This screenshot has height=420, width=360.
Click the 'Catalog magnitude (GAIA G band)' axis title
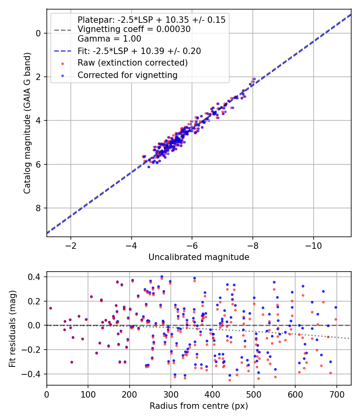[x=27, y=123]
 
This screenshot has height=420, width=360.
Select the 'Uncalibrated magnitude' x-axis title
[x=199, y=257]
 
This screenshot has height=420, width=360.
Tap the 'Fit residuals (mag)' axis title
[x=12, y=328]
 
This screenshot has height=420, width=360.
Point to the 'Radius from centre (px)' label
[x=199, y=406]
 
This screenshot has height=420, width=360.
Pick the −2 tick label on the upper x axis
[x=71, y=246]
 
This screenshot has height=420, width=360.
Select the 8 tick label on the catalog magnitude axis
[x=38, y=208]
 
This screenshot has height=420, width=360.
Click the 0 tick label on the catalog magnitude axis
[x=38, y=33]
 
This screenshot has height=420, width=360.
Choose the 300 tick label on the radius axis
[x=171, y=394]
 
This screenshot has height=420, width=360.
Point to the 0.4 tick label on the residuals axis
[x=34, y=276]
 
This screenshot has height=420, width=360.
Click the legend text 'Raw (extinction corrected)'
[x=132, y=63]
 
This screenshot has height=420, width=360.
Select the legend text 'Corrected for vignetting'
[x=128, y=75]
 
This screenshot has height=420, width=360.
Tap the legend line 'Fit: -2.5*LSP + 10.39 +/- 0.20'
[x=62, y=51]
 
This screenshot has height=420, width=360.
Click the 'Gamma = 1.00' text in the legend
[x=109, y=38]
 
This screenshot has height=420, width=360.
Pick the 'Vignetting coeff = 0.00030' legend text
[x=134, y=29]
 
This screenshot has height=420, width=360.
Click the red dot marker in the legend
[x=62, y=64]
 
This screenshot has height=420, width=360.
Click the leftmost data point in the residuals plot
[x=50, y=308]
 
